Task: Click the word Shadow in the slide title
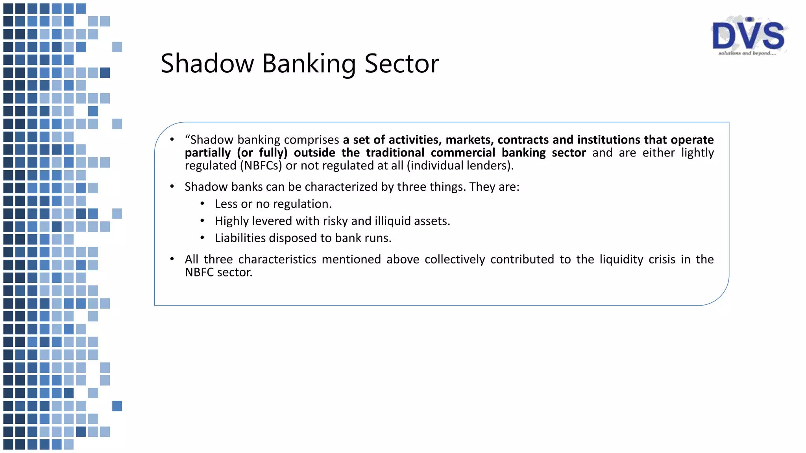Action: pos(207,64)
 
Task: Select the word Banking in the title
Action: pos(309,64)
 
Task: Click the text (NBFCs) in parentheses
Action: pos(261,166)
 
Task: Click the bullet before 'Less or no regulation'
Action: pos(202,204)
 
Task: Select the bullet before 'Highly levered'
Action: pos(202,221)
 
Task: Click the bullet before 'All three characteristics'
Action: pos(172,259)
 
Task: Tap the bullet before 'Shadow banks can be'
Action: pos(172,186)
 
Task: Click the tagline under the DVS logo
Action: pos(747,53)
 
